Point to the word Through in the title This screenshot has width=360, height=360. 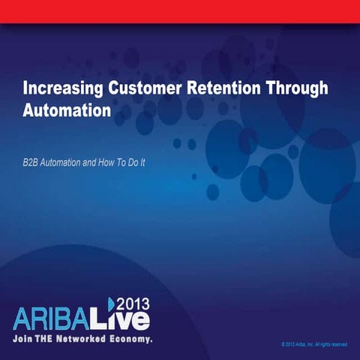click(301, 88)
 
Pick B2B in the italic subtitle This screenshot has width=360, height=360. click(31, 162)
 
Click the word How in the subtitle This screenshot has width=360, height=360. click(112, 162)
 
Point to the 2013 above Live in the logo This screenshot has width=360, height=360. click(134, 303)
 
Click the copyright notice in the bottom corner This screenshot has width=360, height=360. click(313, 344)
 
